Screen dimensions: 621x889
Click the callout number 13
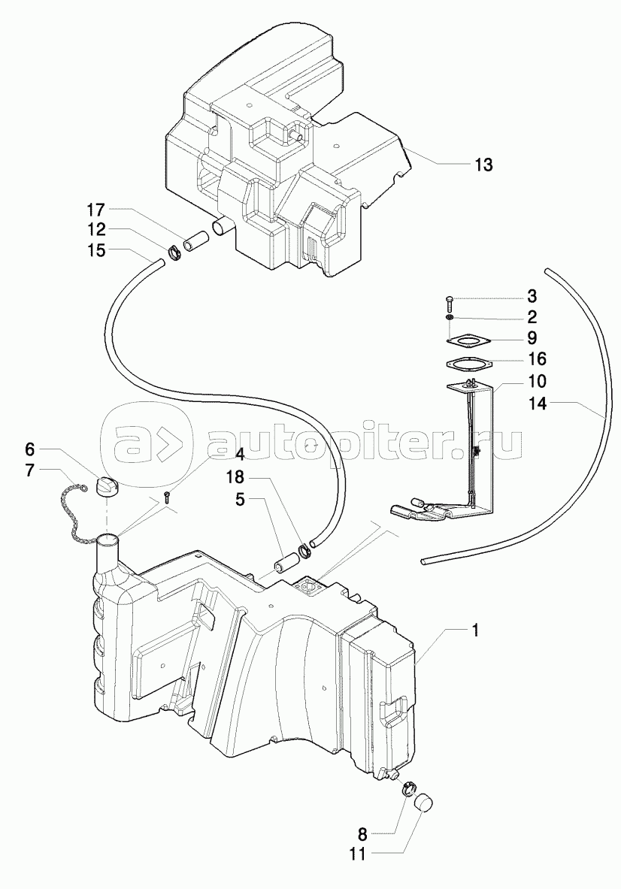coord(483,165)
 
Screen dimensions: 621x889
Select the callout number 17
coord(96,210)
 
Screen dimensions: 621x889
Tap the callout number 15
coord(96,250)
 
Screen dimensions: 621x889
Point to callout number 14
coord(537,404)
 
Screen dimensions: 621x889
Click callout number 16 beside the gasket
coord(537,359)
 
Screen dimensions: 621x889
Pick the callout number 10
coord(537,380)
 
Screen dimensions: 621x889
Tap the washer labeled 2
coord(450,318)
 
